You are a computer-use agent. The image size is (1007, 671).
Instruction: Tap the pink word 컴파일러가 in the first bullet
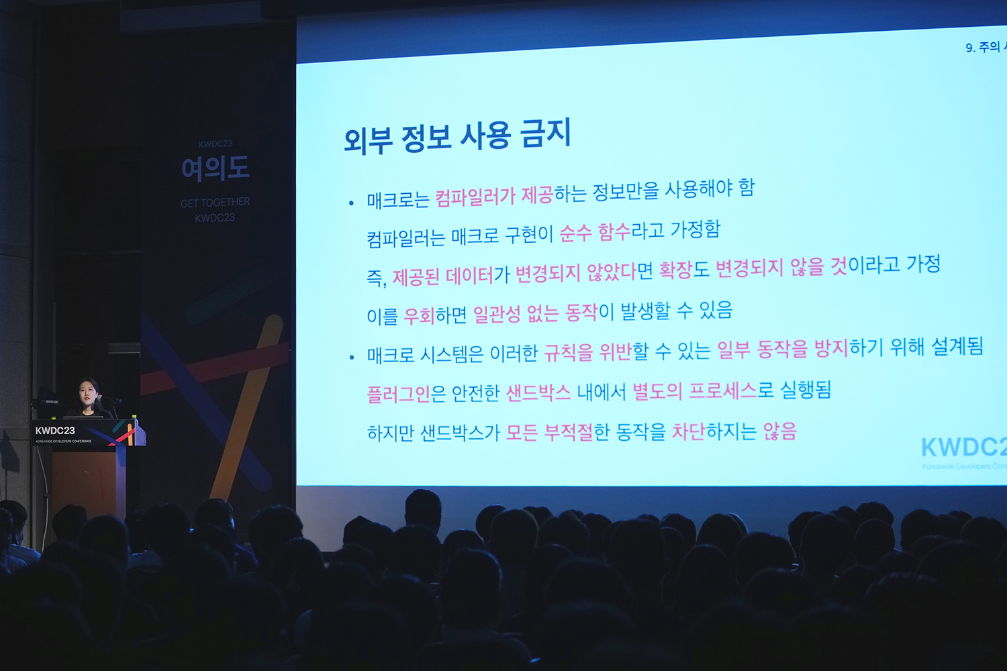click(x=475, y=197)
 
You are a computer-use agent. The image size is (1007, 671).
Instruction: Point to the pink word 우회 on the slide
click(x=419, y=315)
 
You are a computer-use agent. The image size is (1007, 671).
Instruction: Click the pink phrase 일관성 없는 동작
click(x=535, y=313)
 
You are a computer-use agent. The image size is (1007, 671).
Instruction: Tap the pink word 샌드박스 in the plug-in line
click(x=538, y=392)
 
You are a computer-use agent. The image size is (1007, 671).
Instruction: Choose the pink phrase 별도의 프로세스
click(x=695, y=391)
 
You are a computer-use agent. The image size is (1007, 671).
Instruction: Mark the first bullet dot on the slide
click(x=351, y=203)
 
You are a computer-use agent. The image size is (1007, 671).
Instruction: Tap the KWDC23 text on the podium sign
click(x=55, y=431)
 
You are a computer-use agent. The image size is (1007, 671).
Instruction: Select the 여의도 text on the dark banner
click(x=215, y=168)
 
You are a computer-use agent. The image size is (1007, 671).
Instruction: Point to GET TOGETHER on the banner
click(x=215, y=203)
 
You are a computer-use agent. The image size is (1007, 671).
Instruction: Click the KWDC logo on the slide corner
click(x=963, y=448)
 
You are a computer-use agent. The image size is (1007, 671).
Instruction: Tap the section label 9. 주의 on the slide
click(x=984, y=47)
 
